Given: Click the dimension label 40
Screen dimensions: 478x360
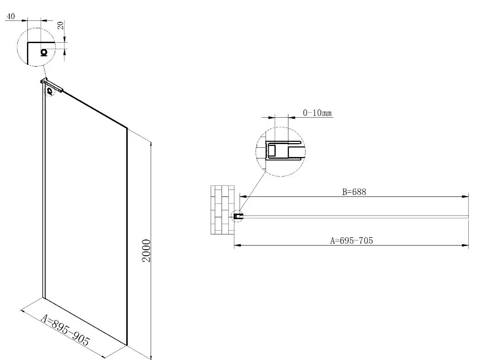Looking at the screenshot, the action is pos(10,16).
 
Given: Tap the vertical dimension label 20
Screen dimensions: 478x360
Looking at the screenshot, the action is pos(61,25).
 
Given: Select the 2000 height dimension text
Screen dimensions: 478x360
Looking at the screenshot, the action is pos(147,251).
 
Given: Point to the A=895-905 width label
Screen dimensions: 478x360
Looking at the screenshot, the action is pos(65,331).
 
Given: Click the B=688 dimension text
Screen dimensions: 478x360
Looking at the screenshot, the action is pos(354,192).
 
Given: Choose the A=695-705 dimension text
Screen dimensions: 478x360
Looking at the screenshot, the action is pos(352,241).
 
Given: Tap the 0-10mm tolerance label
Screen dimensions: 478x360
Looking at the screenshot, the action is pos(317,113).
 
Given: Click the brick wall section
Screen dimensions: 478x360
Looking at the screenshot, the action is pos(222,210).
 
